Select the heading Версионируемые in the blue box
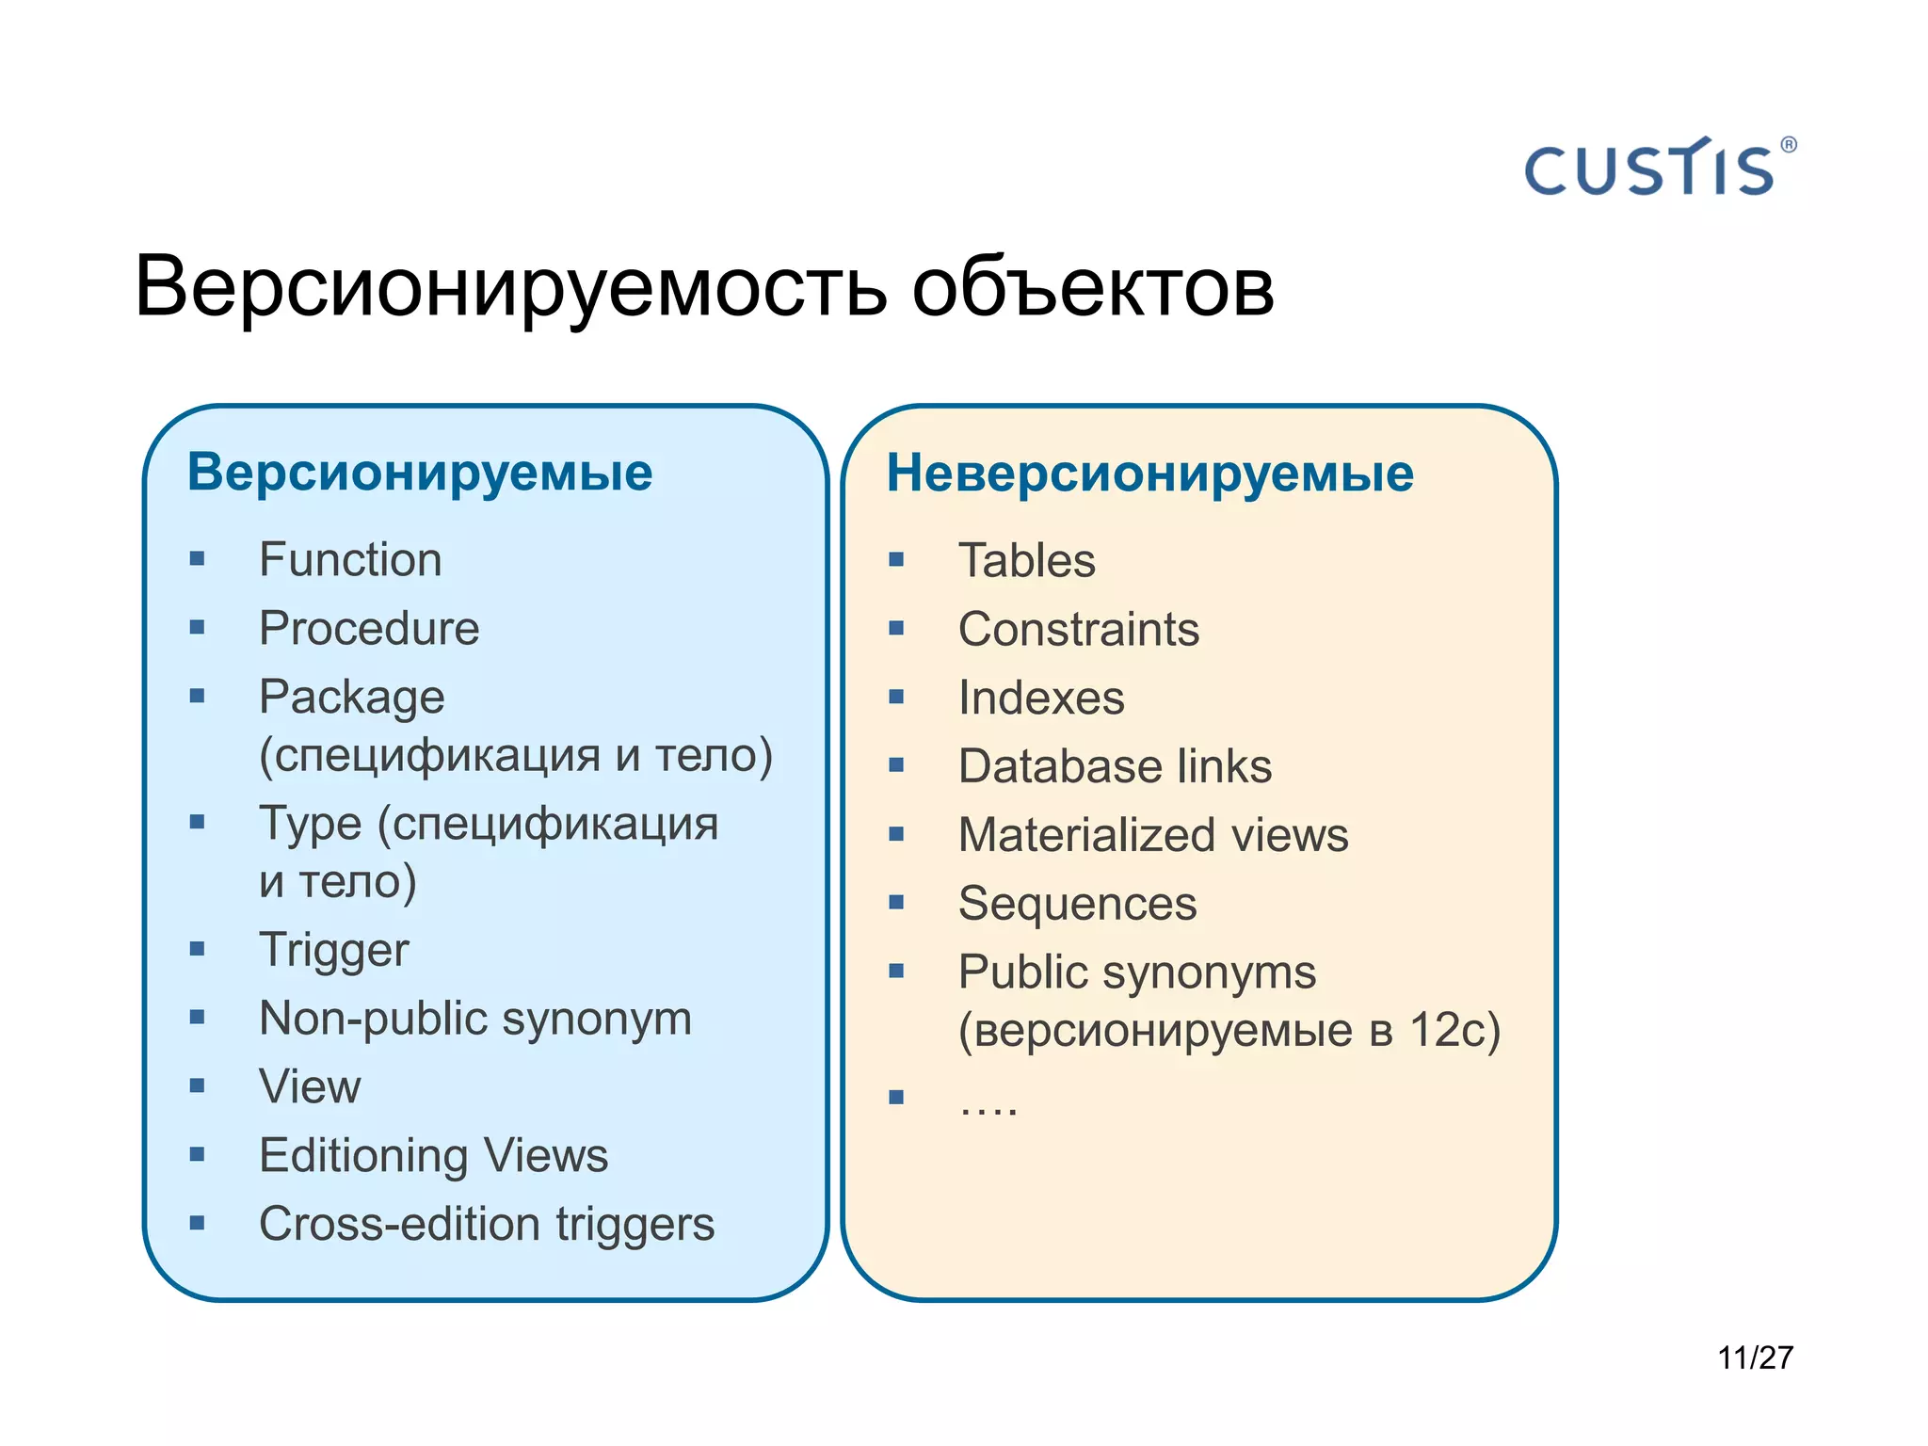(420, 472)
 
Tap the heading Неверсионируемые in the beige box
(1149, 473)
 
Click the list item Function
(350, 560)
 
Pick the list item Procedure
(369, 629)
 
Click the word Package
(352, 699)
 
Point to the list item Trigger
(334, 950)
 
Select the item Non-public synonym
(475, 1019)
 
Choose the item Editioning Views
(433, 1156)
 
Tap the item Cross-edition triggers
(487, 1225)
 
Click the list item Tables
(1026, 561)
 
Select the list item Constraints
(1079, 630)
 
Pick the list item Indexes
(1041, 699)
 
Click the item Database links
(1115, 766)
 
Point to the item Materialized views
(1153, 835)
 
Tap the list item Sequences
(1077, 904)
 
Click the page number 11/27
(1755, 1358)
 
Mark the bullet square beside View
(197, 1085)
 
